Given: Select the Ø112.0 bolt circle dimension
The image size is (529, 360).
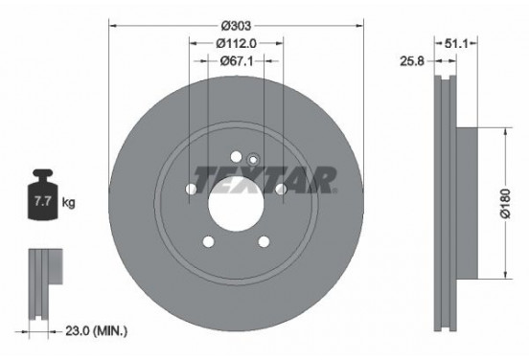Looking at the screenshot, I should coord(236,42).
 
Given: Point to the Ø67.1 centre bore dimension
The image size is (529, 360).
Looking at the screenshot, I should coord(236,60).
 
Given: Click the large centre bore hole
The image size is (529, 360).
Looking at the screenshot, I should coord(236,202).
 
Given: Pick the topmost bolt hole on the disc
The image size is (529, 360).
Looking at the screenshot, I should coord(236,156).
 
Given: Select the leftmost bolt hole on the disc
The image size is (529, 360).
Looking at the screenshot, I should coord(190,190).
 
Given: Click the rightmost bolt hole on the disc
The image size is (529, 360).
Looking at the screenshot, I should coord(282,190).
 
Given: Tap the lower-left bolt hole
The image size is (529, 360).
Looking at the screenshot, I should coord(207,241).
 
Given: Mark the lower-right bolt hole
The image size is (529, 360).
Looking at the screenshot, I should coord(264,241).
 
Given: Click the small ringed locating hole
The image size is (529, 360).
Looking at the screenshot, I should coord(253,160).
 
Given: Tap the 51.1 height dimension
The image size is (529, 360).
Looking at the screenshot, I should coord(456,43).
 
